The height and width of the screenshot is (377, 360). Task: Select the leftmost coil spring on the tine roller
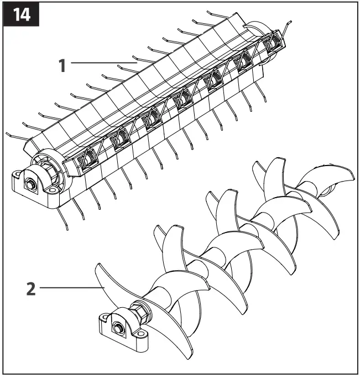click(x=86, y=160)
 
